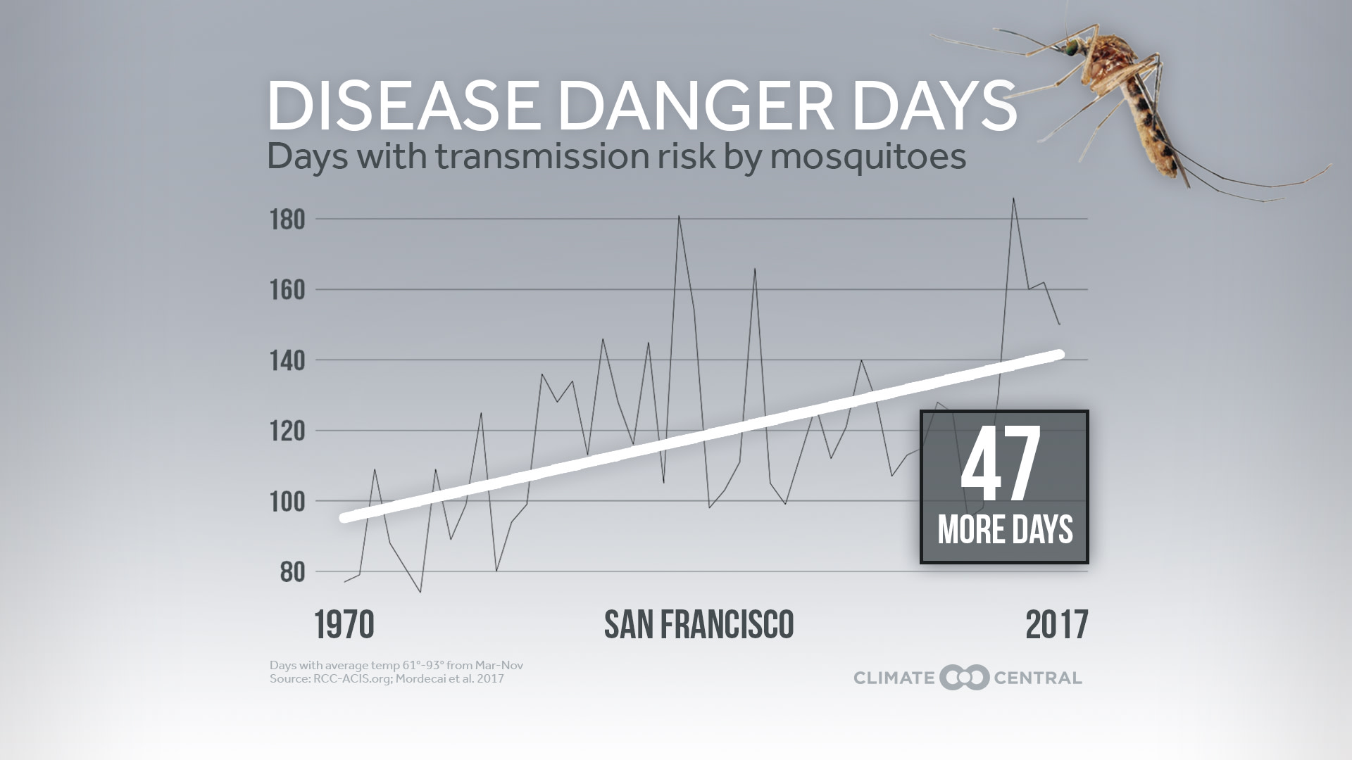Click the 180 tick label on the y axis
pos(287,220)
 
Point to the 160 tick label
pos(287,290)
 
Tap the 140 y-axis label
pos(287,361)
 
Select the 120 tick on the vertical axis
pos(287,431)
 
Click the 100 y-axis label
pos(287,502)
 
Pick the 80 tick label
pos(292,572)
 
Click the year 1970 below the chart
pos(344,625)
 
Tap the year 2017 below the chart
pos(1056,625)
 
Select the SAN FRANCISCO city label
pos(699,625)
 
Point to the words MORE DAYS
pos(1005,530)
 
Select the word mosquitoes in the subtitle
pos(868,156)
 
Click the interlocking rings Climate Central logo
pos(964,678)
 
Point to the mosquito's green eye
pos(1071,48)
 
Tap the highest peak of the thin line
pos(1013,198)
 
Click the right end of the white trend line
pos(1060,355)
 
